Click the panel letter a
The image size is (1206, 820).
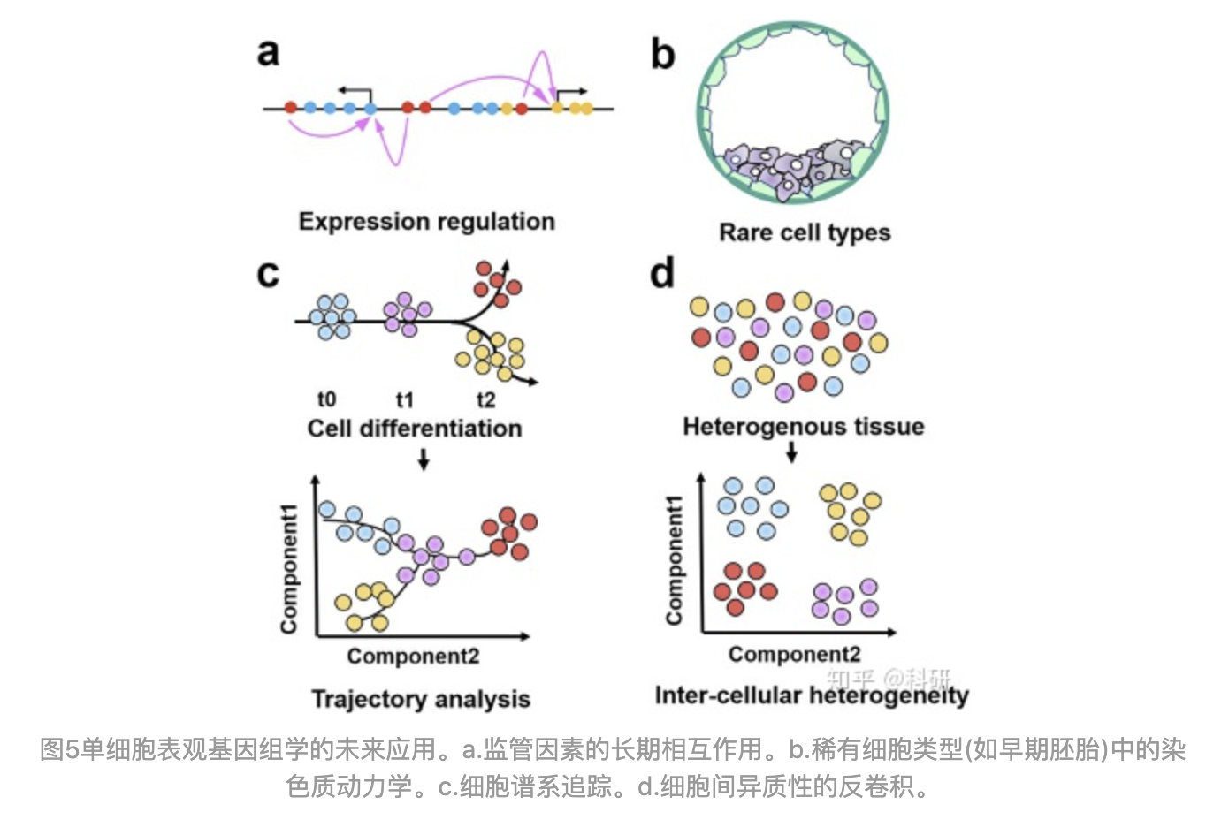[268, 52]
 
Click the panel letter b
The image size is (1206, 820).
[662, 54]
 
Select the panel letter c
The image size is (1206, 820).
[267, 273]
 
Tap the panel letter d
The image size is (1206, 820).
[661, 273]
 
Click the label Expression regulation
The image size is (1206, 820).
[426, 221]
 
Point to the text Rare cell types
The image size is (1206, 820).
[804, 232]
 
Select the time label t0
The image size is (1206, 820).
[326, 399]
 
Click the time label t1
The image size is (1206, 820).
[404, 399]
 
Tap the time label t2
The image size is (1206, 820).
[485, 399]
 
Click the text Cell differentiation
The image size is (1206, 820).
[414, 429]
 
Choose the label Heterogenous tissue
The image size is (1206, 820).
[803, 427]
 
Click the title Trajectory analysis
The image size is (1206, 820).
[420, 699]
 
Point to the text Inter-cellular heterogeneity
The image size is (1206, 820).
[811, 695]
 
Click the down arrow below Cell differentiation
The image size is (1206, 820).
[423, 459]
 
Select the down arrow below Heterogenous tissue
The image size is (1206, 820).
[791, 452]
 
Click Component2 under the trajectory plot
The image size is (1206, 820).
[412, 657]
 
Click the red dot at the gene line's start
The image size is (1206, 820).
[291, 108]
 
